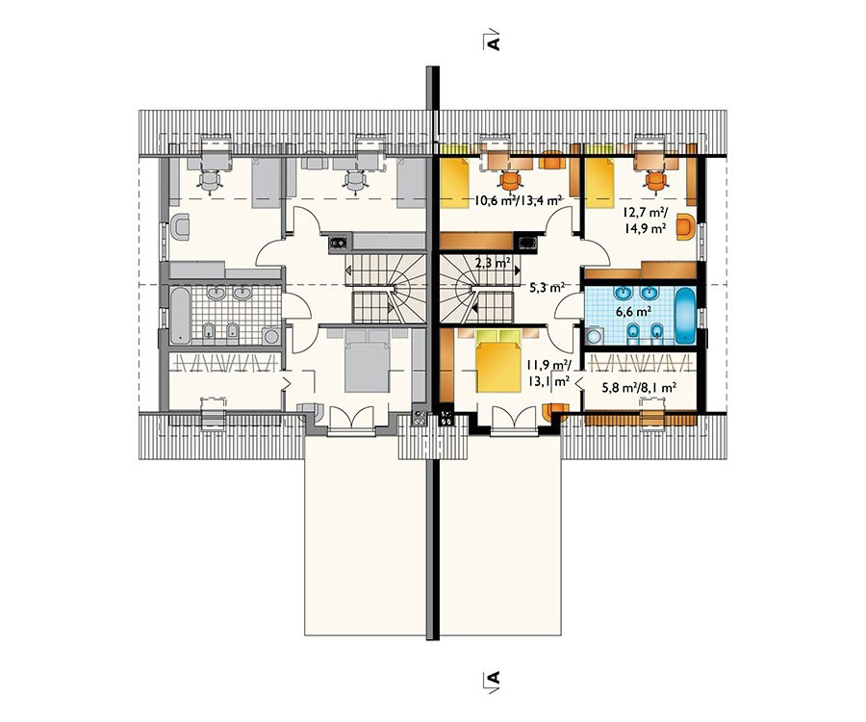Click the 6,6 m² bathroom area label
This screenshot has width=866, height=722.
click(x=633, y=312)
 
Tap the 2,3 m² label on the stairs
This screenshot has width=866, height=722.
click(x=492, y=263)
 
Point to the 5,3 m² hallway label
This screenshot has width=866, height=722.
click(x=547, y=287)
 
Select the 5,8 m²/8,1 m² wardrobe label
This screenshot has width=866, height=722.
click(x=640, y=388)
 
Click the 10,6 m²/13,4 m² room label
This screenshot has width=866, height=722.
click(x=518, y=200)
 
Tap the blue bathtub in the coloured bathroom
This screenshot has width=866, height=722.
click(x=684, y=315)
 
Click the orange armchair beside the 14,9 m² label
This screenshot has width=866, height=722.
click(x=686, y=226)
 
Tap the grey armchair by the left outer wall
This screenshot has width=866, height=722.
click(x=180, y=227)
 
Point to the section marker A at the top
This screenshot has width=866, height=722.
click(x=494, y=41)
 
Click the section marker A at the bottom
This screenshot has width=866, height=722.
click(x=494, y=678)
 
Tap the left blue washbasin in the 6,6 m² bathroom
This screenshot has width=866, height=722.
click(x=624, y=293)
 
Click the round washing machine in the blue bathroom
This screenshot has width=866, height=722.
click(x=593, y=335)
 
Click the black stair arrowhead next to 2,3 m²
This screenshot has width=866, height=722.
click(x=517, y=271)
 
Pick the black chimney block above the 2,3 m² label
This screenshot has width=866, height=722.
click(x=525, y=243)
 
